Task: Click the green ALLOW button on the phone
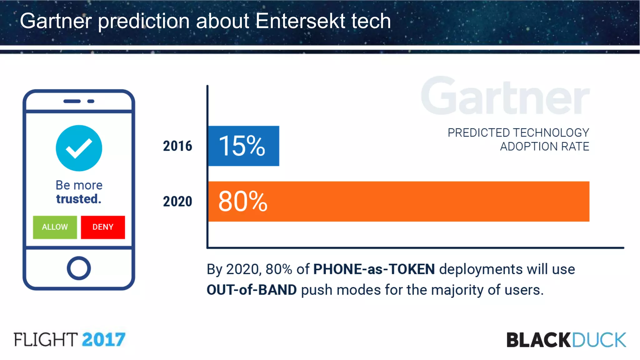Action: pos(55,227)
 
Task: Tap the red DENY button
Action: pos(103,227)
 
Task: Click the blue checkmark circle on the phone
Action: pos(79,148)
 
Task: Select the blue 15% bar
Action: pos(243,146)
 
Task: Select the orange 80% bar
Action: pos(398,202)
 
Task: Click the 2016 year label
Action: pos(177,146)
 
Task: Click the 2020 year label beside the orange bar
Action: pos(177,202)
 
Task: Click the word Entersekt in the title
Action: pos(300,21)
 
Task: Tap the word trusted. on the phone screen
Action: pos(79,199)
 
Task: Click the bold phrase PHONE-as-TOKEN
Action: pos(374,269)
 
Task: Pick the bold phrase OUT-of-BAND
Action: pos(252,290)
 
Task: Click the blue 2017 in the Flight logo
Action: pos(103,340)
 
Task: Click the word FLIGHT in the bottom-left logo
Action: pos(46,340)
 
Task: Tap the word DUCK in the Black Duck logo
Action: pos(599,340)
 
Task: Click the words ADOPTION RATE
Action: pos(544,147)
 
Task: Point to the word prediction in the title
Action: pos(144,21)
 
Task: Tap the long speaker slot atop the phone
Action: pos(72,101)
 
